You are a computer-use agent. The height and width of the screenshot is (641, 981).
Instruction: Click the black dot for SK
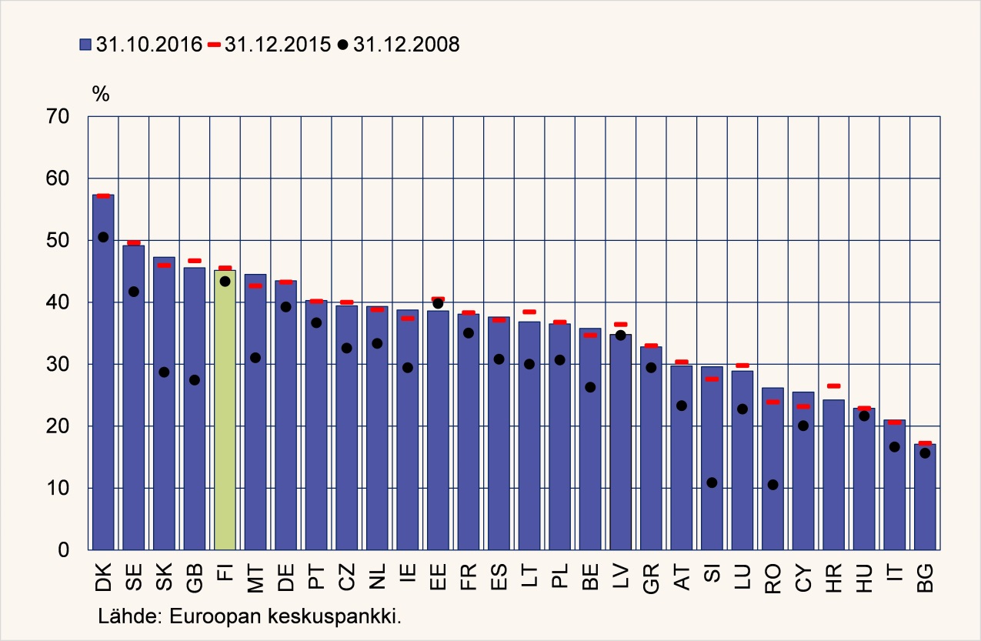tap(164, 372)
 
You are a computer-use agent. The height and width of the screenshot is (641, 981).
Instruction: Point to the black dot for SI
tap(712, 482)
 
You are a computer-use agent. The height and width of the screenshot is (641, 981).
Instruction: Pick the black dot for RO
tap(772, 485)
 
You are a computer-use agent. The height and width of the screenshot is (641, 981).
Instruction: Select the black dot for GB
tap(195, 379)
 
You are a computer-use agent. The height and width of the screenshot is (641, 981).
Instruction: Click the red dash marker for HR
tap(833, 386)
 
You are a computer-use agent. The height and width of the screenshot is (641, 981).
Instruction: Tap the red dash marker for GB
tap(195, 261)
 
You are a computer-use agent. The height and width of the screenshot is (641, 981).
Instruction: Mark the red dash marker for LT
tap(529, 312)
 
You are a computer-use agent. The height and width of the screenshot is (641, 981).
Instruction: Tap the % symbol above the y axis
tap(101, 94)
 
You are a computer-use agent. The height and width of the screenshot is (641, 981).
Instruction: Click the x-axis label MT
tap(256, 577)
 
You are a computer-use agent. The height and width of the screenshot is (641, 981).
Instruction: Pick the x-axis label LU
tap(742, 577)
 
